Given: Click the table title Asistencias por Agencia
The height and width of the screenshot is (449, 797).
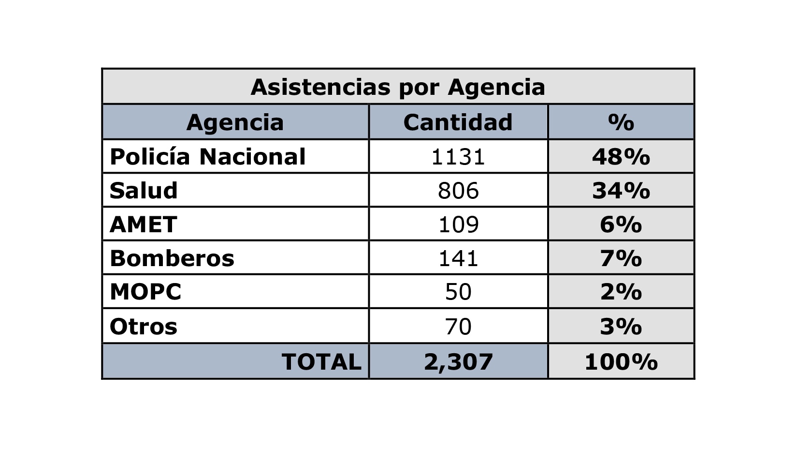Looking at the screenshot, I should click(x=398, y=88).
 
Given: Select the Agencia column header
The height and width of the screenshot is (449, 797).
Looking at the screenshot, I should click(x=235, y=122).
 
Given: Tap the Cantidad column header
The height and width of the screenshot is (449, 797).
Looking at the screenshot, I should click(x=458, y=122).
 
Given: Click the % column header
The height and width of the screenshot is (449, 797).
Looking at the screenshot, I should click(x=621, y=122).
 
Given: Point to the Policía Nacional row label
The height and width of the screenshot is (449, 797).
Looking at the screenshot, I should click(x=208, y=157).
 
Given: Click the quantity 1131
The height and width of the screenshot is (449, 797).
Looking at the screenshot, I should click(x=458, y=157).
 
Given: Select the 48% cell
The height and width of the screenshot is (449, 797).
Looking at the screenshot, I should click(x=621, y=157).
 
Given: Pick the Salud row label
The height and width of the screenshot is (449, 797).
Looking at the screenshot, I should click(x=144, y=191).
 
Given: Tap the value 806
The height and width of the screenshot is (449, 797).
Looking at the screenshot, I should click(x=458, y=191).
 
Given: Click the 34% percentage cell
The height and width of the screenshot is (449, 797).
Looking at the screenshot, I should click(x=621, y=191).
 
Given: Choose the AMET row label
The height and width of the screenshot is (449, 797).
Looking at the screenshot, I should click(x=144, y=224).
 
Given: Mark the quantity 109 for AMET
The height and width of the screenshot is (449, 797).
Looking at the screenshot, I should click(x=458, y=224).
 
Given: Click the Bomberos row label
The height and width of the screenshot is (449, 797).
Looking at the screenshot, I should click(x=172, y=258).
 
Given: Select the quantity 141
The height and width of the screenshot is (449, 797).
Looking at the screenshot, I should click(x=458, y=258).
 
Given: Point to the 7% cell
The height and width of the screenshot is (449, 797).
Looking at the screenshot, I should click(x=621, y=258).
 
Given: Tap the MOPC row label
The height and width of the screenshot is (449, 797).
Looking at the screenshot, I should click(x=145, y=292).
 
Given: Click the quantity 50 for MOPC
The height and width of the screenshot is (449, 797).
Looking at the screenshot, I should click(x=458, y=292).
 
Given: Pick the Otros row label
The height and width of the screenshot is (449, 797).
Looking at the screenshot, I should click(x=144, y=327).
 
